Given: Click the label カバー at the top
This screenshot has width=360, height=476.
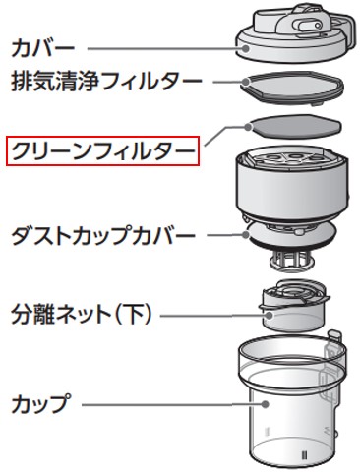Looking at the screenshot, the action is pyautogui.click(x=43, y=48).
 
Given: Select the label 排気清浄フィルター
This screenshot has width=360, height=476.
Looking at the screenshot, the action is pyautogui.click(x=106, y=81).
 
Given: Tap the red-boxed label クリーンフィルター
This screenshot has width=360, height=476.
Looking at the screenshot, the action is pyautogui.click(x=102, y=151).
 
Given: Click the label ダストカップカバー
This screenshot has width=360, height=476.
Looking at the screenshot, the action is pyautogui.click(x=103, y=235).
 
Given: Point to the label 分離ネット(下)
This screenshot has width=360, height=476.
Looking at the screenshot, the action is pyautogui.click(x=82, y=314).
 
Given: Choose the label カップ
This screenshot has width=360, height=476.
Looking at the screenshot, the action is pyautogui.click(x=41, y=403).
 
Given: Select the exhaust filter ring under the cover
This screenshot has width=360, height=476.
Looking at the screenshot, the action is pyautogui.click(x=292, y=88).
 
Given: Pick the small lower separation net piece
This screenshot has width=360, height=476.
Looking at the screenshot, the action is pyautogui.click(x=294, y=306).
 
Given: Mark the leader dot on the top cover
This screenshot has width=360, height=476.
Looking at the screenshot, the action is pyautogui.click(x=245, y=48).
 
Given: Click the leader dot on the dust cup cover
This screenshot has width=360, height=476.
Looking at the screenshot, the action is pyautogui.click(x=245, y=235).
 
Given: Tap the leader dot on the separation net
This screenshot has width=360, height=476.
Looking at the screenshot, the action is pyautogui.click(x=270, y=316).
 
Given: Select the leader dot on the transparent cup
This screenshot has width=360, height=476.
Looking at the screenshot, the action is pyautogui.click(x=266, y=404).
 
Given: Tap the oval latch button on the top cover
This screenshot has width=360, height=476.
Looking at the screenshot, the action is pyautogui.click(x=308, y=26).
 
